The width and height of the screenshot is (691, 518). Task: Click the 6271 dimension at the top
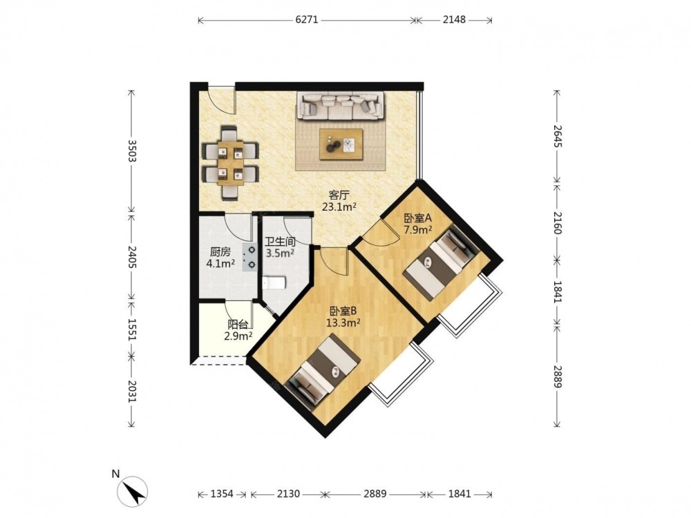pyautogui.click(x=307, y=20)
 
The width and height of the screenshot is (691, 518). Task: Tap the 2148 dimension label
pyautogui.click(x=454, y=20)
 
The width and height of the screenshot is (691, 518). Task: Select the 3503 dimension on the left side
pyautogui.click(x=131, y=151)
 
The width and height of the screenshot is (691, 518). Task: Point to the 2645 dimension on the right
pyautogui.click(x=557, y=136)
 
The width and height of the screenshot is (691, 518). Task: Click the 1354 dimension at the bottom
pyautogui.click(x=222, y=494)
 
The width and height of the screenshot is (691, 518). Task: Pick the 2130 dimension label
pyautogui.click(x=288, y=494)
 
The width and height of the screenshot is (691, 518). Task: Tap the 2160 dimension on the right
pyautogui.click(x=557, y=223)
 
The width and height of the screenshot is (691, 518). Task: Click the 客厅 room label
pyautogui.click(x=339, y=195)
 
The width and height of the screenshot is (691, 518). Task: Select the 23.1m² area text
pyautogui.click(x=339, y=207)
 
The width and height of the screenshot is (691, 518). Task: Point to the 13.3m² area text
pyautogui.click(x=343, y=323)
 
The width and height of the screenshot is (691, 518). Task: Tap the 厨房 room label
pyautogui.click(x=220, y=252)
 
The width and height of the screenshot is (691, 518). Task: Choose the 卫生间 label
pyautogui.click(x=280, y=242)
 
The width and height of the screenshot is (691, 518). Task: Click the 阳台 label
pyautogui.click(x=238, y=325)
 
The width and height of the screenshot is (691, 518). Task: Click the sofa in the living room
pyautogui.click(x=340, y=106)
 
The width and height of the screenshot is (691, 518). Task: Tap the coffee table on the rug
pyautogui.click(x=341, y=144)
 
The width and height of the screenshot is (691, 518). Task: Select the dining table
pyautogui.click(x=230, y=163)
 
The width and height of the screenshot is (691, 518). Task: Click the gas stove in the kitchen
pyautogui.click(x=250, y=257)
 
